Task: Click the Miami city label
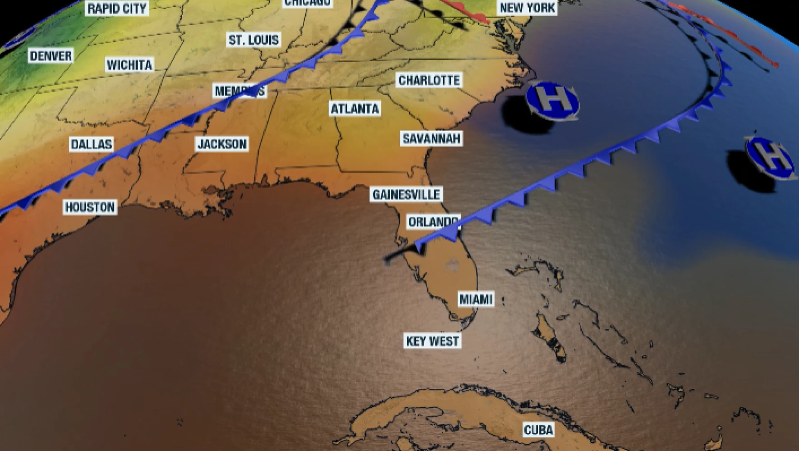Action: [x=475, y=299]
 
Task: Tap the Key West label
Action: [x=432, y=341]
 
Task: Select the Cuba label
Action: [x=538, y=430]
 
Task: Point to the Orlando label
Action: [x=433, y=222]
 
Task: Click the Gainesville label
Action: [x=406, y=195]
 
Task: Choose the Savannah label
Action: [x=431, y=138]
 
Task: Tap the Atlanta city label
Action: [x=355, y=109]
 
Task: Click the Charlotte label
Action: [x=429, y=80]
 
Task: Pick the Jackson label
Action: [x=222, y=144]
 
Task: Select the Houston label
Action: [x=90, y=207]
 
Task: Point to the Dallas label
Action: [x=91, y=144]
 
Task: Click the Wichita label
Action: [x=129, y=65]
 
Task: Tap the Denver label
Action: [x=51, y=56]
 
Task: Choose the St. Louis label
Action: [x=254, y=40]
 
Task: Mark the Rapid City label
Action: [x=117, y=8]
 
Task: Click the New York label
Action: [x=527, y=8]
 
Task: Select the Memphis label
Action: [x=239, y=91]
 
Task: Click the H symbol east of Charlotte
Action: [x=552, y=101]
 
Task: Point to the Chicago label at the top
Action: [x=307, y=3]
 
